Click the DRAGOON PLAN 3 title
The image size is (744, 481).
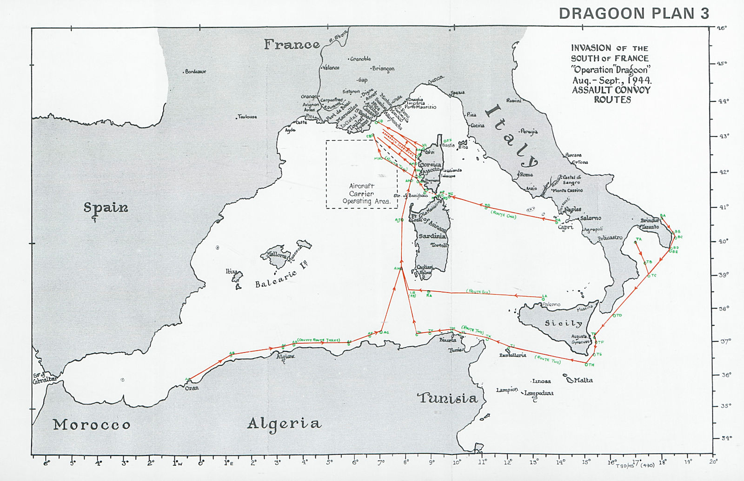(634, 13)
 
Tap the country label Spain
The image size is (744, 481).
(106, 207)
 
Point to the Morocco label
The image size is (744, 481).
(92, 424)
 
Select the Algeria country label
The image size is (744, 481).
(284, 423)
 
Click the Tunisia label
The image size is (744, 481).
(447, 398)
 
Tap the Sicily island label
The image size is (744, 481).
(563, 323)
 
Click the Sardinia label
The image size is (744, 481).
(432, 236)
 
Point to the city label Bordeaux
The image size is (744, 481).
(195, 72)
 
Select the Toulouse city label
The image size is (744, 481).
(247, 116)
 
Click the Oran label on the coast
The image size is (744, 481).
(192, 388)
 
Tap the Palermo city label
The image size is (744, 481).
(551, 305)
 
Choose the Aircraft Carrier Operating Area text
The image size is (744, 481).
(361, 194)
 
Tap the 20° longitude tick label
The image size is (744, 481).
(713, 461)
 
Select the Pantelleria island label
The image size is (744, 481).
(512, 355)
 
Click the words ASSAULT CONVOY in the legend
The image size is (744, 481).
(611, 90)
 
